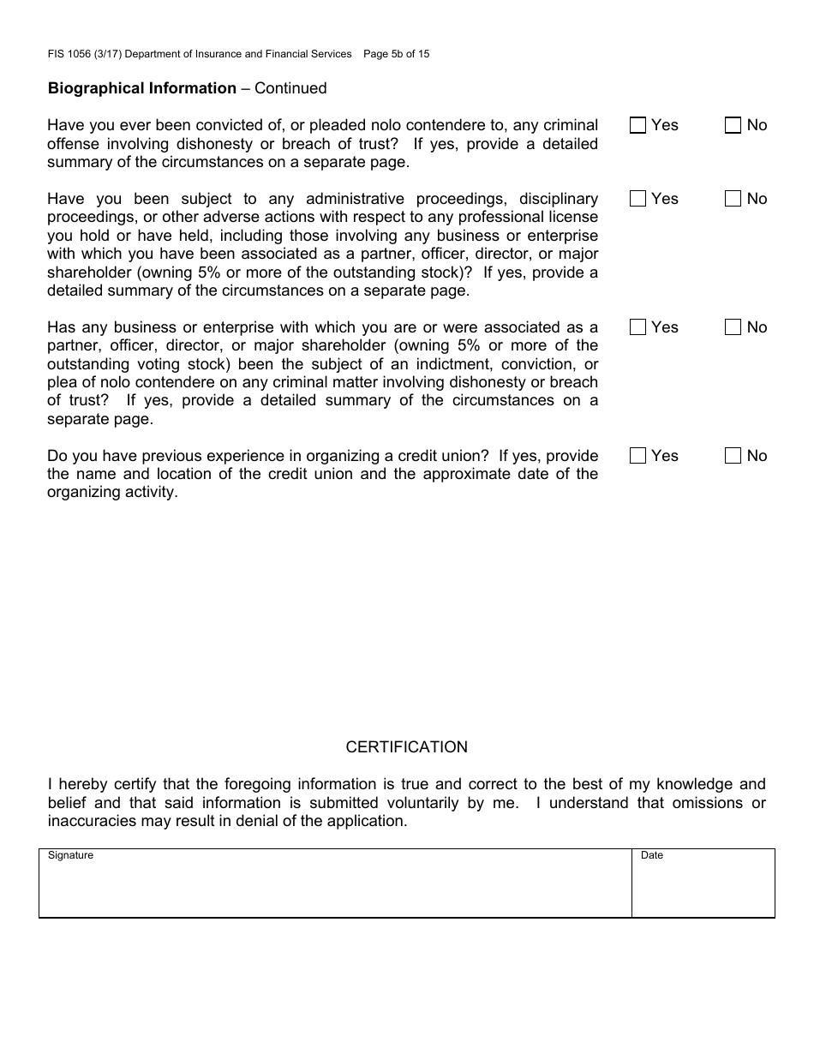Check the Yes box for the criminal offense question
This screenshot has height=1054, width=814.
[637, 126]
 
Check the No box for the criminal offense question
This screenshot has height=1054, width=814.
[733, 126]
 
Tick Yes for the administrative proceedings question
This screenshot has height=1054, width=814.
[637, 199]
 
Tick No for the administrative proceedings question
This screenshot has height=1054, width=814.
[733, 199]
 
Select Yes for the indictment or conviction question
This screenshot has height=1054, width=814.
[637, 327]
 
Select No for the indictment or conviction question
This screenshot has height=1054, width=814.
[733, 327]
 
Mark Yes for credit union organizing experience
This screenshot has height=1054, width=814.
[637, 456]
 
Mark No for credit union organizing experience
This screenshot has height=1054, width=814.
[733, 456]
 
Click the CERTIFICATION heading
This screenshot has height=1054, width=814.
[406, 747]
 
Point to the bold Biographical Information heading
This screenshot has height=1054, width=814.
[142, 88]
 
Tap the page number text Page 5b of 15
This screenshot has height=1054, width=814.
[397, 54]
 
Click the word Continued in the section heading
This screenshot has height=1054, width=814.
[290, 88]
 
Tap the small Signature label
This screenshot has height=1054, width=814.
[70, 856]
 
